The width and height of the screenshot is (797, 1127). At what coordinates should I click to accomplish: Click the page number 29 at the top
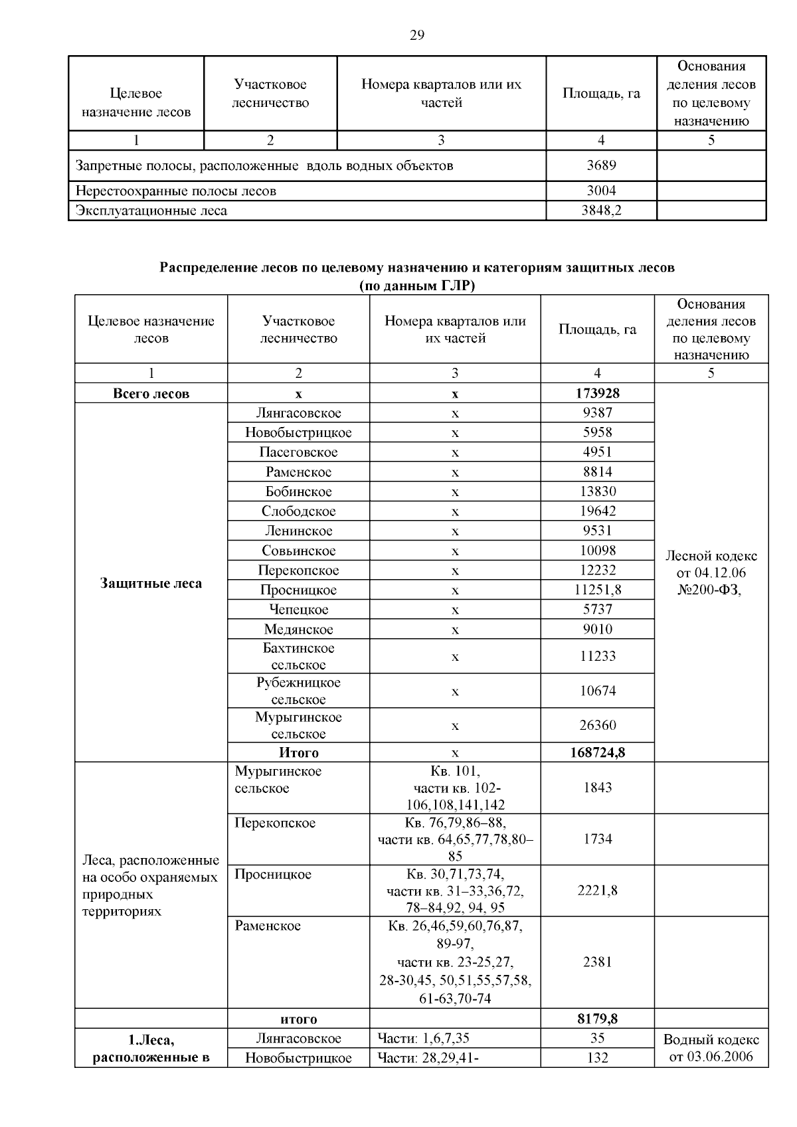coord(417,36)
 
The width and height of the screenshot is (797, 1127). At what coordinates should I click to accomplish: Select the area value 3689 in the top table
coord(601,165)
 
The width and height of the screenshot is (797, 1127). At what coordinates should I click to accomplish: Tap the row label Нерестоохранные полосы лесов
coord(176,191)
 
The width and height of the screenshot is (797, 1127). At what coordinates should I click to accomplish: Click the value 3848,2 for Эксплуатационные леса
coord(601,211)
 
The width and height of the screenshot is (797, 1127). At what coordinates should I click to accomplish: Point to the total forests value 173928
coord(597,393)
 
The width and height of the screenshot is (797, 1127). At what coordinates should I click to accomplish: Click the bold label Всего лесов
coord(151,394)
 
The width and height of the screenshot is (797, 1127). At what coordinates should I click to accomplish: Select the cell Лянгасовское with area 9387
coord(298,413)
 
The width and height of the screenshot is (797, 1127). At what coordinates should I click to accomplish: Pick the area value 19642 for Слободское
coord(597,511)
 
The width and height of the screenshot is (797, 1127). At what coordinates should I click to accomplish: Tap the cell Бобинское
coord(298,491)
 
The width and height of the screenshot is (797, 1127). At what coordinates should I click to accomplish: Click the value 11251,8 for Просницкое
coord(597,590)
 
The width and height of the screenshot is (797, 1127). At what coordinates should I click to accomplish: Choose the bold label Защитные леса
coord(151,584)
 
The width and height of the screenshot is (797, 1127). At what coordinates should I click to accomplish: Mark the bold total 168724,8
coord(597,752)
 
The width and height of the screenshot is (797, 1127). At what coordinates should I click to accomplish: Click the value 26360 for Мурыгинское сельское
coord(597,725)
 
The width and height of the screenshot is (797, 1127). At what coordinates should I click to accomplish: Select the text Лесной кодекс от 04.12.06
coord(711,564)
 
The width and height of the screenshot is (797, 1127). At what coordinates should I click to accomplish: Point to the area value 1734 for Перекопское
coord(597,839)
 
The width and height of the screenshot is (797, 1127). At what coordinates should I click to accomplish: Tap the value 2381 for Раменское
coord(597,962)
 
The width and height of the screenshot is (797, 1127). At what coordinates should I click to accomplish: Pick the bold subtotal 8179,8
coord(597,1019)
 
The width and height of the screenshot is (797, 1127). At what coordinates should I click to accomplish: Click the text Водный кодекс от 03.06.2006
coord(711,1048)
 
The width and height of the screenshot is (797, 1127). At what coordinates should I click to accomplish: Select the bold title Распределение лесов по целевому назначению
coord(417,268)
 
